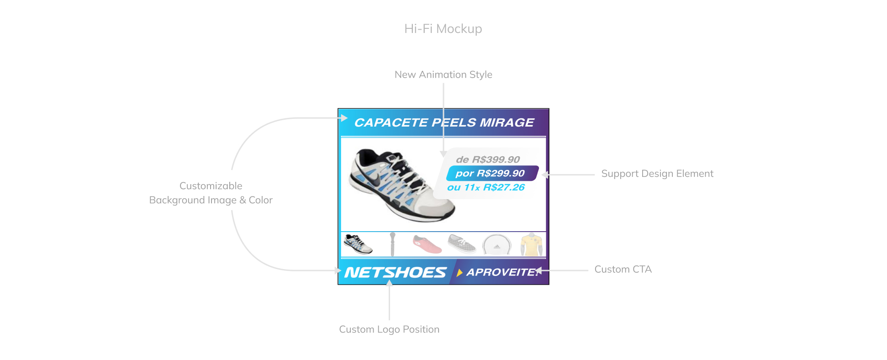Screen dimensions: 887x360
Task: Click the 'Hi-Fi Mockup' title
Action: (x=443, y=29)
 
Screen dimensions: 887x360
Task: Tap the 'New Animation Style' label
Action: (x=443, y=74)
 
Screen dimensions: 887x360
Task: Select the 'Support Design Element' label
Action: (x=657, y=174)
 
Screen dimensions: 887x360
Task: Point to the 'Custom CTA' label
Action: (x=623, y=270)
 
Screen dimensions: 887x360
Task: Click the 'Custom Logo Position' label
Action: (x=389, y=329)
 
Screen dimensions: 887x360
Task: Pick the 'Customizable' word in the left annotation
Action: (x=211, y=186)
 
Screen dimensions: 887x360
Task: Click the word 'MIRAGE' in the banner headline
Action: (x=507, y=122)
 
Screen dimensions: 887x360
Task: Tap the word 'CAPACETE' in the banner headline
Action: (x=391, y=122)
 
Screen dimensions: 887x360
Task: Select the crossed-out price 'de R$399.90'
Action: (x=488, y=159)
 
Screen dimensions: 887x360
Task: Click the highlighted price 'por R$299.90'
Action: (x=490, y=174)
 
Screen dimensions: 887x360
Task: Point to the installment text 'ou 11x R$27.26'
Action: (x=486, y=187)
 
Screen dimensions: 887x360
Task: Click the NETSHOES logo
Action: (x=395, y=273)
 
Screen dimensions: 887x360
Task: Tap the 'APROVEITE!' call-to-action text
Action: (x=503, y=272)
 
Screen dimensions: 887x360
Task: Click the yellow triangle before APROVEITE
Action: (x=460, y=273)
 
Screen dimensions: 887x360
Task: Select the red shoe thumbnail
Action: (x=427, y=244)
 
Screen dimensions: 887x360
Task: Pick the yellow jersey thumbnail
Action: (x=531, y=245)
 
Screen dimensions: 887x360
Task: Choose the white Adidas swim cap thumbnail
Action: (x=496, y=244)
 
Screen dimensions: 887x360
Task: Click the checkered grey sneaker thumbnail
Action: (x=462, y=244)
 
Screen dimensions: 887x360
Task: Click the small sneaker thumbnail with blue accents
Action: (x=358, y=244)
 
